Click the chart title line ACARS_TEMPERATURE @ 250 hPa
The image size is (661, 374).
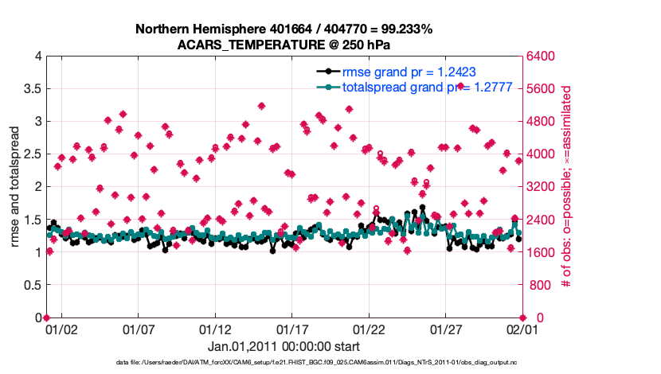(284, 45)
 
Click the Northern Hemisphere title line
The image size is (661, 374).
(284, 29)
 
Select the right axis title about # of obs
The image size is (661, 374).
(567, 187)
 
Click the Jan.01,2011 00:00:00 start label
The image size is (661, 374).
(284, 346)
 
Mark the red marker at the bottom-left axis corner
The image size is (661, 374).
(46, 318)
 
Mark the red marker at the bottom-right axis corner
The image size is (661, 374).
(522, 318)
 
